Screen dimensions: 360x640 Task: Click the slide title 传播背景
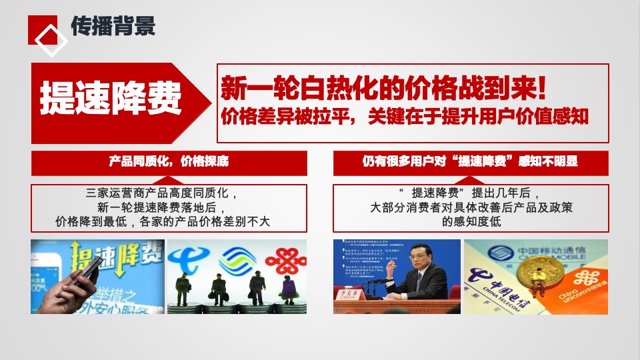113,26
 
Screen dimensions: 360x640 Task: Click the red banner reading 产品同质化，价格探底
169,162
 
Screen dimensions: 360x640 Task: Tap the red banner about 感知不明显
470,162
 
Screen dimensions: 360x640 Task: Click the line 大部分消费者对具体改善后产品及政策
471,207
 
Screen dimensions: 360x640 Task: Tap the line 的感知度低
471,221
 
